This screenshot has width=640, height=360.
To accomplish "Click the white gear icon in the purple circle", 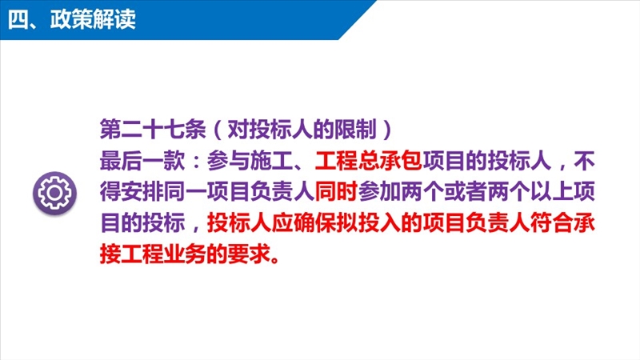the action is [x=54, y=193].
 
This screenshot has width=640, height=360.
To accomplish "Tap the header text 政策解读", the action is [x=93, y=18].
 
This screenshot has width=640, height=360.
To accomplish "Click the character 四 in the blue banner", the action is [x=18, y=19].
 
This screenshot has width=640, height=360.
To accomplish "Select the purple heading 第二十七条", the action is [x=153, y=130].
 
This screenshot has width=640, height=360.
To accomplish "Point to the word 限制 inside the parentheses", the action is [x=355, y=130].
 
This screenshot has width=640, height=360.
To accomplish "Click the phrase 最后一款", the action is [x=142, y=161].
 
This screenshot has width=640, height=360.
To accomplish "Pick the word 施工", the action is [x=271, y=161].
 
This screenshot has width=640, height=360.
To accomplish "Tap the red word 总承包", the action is [x=390, y=161].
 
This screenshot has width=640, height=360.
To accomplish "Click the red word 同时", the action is [x=336, y=192].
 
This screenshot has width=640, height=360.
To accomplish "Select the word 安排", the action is [x=142, y=192].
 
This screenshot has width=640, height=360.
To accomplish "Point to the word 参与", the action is [x=228, y=161].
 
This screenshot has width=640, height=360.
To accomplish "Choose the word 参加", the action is [x=379, y=192].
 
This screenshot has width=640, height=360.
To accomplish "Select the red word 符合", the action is [x=551, y=223].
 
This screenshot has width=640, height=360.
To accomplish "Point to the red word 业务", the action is [x=186, y=254].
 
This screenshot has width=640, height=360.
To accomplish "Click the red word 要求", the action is [x=250, y=254].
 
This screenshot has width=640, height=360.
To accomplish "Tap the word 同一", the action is [x=186, y=192].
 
